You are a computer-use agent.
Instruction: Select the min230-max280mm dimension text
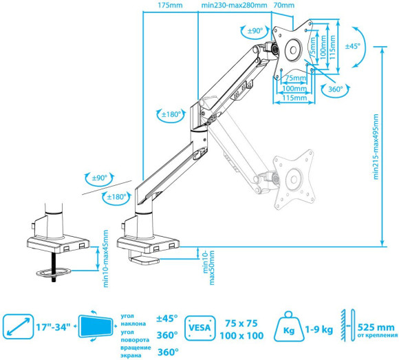pyautogui.click(x=233, y=6)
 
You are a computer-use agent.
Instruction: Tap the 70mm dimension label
pyautogui.click(x=281, y=6)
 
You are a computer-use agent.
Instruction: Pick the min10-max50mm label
pyautogui.click(x=207, y=262)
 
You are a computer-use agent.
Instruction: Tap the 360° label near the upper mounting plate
pyautogui.click(x=335, y=89)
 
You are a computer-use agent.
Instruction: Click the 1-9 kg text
pyautogui.click(x=318, y=329)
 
